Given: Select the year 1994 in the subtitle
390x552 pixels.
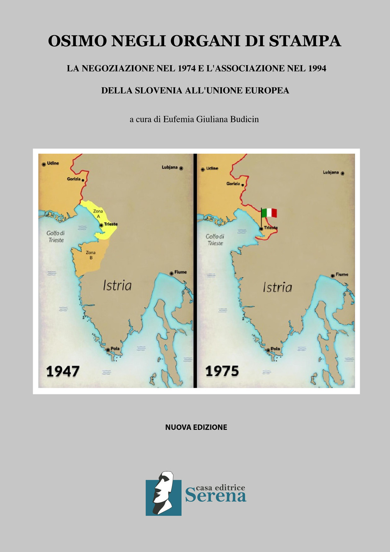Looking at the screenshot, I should (317, 68).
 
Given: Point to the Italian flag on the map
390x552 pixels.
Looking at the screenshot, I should (269, 213).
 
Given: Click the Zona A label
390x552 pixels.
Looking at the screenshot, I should (97, 214).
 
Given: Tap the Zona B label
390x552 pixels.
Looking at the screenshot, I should (90, 255).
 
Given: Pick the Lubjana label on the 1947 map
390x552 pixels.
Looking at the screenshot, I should (169, 167).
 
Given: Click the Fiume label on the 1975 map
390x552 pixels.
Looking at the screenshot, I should (342, 274).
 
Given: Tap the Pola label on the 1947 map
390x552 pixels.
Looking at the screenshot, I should (115, 348).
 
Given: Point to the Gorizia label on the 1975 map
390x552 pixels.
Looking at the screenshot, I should (233, 183).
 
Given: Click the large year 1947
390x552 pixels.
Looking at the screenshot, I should (63, 371).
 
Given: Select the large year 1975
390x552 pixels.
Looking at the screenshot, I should (222, 371).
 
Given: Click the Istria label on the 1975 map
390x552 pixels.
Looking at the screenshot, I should (277, 287).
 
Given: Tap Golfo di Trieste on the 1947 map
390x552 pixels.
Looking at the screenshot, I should (56, 236).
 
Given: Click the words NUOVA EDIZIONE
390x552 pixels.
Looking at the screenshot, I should (196, 427).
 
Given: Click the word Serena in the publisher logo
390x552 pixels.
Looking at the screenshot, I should (216, 496).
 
